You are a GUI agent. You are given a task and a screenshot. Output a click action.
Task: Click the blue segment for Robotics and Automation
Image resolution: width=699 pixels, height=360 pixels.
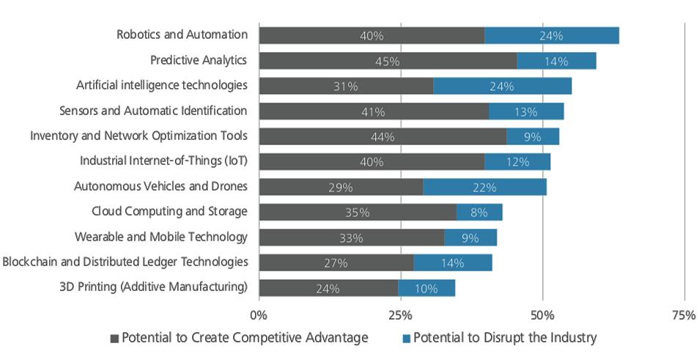tap(551, 35)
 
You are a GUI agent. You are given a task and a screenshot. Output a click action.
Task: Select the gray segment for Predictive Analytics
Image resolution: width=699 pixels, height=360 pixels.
tap(388, 61)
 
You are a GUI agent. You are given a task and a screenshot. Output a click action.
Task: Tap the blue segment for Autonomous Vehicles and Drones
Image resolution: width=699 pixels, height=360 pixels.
tap(484, 187)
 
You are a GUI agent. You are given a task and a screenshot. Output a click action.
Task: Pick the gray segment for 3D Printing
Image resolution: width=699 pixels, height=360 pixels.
tap(328, 288)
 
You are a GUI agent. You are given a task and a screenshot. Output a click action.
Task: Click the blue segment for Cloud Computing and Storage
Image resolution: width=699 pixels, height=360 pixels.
tap(479, 213)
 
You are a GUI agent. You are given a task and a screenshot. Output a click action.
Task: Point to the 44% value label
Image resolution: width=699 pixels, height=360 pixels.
tap(382, 136)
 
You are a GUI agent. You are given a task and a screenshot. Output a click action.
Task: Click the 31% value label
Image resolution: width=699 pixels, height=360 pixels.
tap(346, 87)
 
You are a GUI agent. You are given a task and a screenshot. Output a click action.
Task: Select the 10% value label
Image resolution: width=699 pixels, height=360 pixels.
tap(426, 289)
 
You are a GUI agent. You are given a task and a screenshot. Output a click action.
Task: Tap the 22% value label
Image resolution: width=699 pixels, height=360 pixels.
tap(484, 188)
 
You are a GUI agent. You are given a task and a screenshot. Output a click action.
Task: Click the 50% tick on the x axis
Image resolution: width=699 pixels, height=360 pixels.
tap(542, 315)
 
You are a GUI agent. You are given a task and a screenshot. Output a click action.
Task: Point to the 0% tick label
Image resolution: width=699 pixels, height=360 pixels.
tap(259, 315)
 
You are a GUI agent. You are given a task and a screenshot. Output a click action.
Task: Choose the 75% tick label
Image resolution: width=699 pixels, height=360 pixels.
tap(683, 315)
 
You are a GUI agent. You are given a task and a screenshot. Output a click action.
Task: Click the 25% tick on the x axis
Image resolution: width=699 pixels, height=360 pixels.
tap(400, 315)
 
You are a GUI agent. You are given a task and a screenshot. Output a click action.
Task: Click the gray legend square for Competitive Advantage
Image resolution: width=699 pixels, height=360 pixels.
tap(114, 339)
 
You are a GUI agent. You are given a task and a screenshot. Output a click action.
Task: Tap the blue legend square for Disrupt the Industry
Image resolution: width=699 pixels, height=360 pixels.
tap(406, 339)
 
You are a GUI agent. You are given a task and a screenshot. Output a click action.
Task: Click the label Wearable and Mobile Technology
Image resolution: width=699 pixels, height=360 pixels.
tap(161, 237)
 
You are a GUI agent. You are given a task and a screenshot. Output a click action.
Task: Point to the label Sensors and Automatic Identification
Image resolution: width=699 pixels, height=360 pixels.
tap(153, 111)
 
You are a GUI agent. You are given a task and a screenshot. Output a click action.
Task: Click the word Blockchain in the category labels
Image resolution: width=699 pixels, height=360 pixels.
tap(32, 262)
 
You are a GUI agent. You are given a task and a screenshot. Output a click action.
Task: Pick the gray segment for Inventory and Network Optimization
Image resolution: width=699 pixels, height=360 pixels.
tap(382, 136)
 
